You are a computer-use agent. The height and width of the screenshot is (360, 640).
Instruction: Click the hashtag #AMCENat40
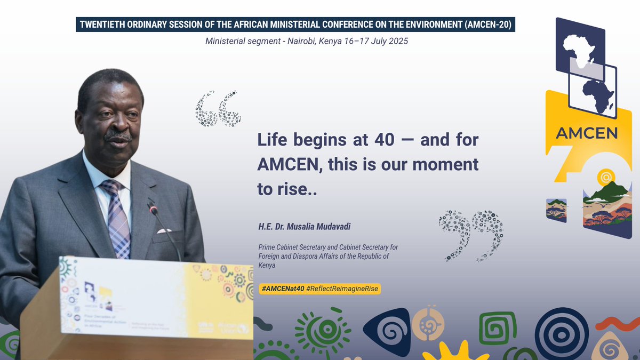[283, 289]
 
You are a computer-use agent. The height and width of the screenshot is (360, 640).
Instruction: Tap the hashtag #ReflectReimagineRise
[343, 289]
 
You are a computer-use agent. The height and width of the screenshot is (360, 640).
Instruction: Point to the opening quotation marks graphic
[218, 108]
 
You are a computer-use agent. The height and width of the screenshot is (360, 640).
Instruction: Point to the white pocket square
[164, 231]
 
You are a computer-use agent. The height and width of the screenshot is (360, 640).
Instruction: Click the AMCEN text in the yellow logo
[586, 133]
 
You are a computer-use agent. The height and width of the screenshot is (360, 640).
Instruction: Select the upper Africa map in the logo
[579, 45]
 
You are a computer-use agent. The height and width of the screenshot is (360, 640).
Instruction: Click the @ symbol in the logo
[605, 175]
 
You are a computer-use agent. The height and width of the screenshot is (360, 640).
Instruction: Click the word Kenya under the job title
[267, 265]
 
